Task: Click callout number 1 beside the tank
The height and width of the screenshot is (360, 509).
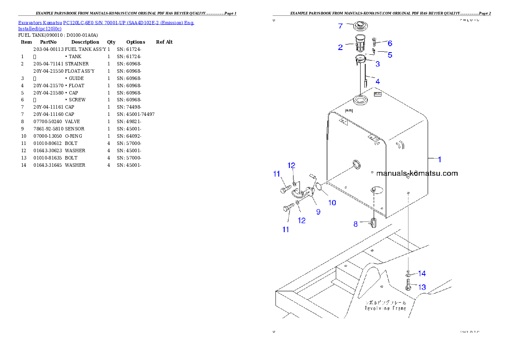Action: point(439,159)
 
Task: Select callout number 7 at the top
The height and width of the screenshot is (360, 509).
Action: point(340,26)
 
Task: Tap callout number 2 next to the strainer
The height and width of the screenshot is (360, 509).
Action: point(340,47)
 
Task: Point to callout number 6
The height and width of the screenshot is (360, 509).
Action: point(390,43)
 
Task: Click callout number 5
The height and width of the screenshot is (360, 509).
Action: point(390,55)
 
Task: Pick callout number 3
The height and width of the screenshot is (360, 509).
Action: point(378,64)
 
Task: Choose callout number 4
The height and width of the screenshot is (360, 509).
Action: point(377,81)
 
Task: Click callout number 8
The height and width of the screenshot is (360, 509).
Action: point(355,224)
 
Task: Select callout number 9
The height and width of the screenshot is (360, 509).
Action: point(318,211)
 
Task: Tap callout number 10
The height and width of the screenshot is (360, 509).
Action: point(332,203)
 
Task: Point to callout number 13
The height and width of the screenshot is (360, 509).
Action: point(422,287)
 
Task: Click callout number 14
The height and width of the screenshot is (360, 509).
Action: point(422,273)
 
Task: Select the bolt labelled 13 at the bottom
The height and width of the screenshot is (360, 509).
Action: point(408,285)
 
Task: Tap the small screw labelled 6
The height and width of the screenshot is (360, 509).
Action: point(374,42)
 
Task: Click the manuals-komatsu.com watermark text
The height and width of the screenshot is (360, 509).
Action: point(417,173)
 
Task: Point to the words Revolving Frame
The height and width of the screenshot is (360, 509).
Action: point(385,308)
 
